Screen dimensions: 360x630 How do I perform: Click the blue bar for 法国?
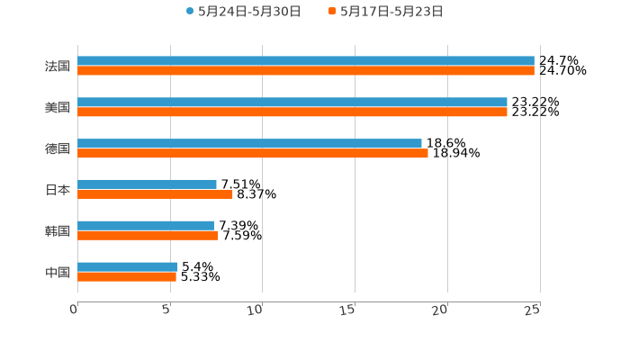(306, 60)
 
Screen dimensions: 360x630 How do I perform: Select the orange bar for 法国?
(306, 70)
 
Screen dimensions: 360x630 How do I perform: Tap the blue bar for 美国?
(292, 102)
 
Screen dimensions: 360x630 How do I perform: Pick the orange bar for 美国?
(292, 112)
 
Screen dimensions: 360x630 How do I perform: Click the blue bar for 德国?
(249, 143)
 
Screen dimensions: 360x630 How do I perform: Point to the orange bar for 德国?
(253, 153)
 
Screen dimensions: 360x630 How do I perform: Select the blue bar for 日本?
(147, 184)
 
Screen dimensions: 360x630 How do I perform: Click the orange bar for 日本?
(155, 193)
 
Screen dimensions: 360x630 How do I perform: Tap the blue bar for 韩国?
(146, 225)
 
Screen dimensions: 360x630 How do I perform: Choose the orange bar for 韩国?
(148, 235)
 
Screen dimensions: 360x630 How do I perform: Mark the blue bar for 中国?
(128, 266)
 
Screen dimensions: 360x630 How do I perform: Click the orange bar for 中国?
(127, 276)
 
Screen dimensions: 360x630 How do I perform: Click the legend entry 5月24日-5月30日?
(243, 12)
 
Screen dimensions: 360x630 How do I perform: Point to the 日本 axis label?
(58, 190)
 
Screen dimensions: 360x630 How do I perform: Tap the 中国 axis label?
(58, 272)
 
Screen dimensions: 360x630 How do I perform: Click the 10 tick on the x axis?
(259, 310)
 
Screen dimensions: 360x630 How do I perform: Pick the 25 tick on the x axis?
(534, 310)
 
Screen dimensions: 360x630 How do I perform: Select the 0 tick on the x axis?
(75, 310)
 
